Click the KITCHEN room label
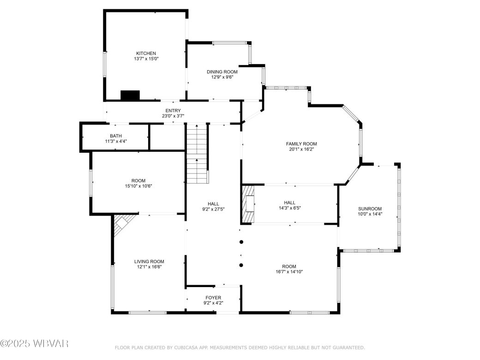[x=146, y=53]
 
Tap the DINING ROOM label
[x=222, y=72]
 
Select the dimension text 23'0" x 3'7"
[x=173, y=116]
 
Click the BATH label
[x=116, y=136]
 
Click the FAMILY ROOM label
[x=301, y=144]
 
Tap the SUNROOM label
[x=370, y=208]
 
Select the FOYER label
[x=213, y=298]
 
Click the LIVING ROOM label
[x=149, y=261]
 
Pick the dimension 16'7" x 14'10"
[x=289, y=272]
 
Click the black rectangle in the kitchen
[x=130, y=95]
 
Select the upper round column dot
[x=241, y=242]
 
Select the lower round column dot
[x=241, y=265]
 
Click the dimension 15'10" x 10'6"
[x=138, y=186]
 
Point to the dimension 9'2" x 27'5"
[x=213, y=209]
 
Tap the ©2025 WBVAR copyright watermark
[x=35, y=343]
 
